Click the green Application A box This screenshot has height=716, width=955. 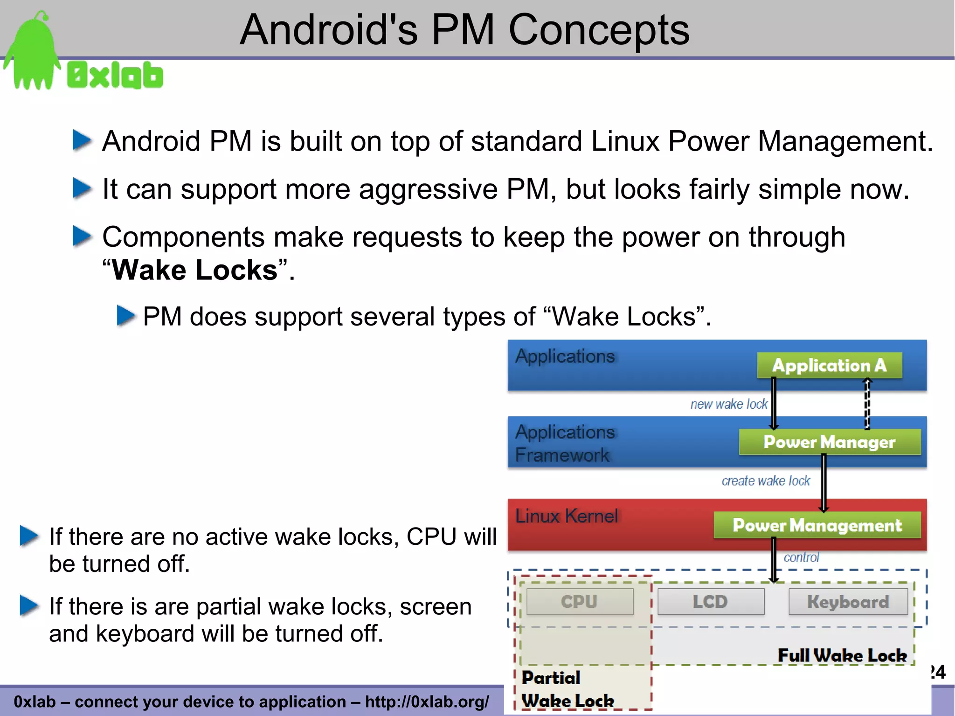click(829, 365)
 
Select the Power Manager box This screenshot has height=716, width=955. click(830, 442)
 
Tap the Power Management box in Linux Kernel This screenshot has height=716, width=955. click(817, 525)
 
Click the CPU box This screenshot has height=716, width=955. click(580, 602)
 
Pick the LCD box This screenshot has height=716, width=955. click(711, 602)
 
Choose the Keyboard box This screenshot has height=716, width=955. click(848, 602)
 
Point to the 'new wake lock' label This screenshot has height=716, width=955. click(729, 404)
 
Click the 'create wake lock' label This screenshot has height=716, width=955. click(766, 480)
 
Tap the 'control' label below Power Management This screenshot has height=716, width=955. click(801, 557)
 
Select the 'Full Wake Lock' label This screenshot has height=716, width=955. click(842, 655)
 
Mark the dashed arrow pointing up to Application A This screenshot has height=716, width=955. click(867, 404)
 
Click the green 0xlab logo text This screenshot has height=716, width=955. click(115, 76)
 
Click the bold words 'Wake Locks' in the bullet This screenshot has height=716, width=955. click(195, 270)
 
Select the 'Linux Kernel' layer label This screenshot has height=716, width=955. click(567, 516)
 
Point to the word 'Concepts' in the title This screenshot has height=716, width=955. click(598, 30)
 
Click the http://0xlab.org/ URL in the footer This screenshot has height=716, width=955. click(427, 702)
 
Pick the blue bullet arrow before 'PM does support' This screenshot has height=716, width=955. click(125, 316)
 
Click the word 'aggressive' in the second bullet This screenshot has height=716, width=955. click(428, 189)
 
